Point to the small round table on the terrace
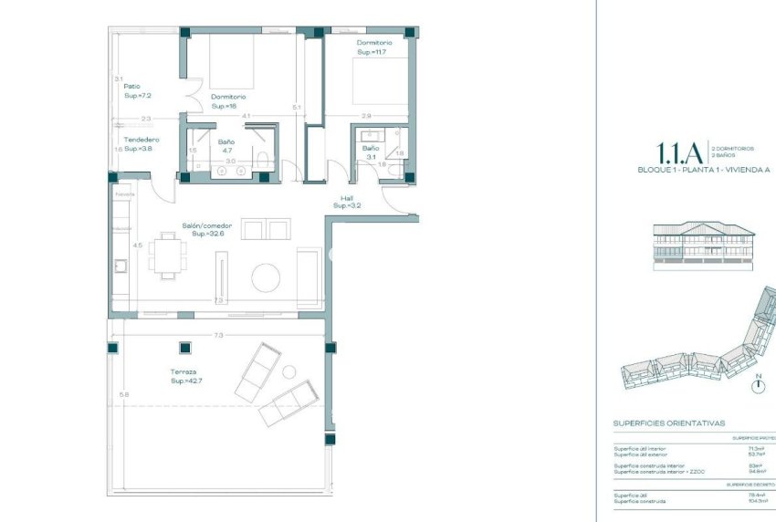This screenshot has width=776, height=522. pyautogui.click(x=289, y=371)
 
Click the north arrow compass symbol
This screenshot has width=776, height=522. pyautogui.click(x=757, y=384)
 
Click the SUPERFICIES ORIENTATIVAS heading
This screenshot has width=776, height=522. pyautogui.click(x=669, y=423)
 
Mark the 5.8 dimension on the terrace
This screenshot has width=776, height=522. pyautogui.click(x=123, y=393)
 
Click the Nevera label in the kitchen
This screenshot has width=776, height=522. pyautogui.click(x=124, y=194)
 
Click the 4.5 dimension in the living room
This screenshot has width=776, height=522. pyautogui.click(x=137, y=245)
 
